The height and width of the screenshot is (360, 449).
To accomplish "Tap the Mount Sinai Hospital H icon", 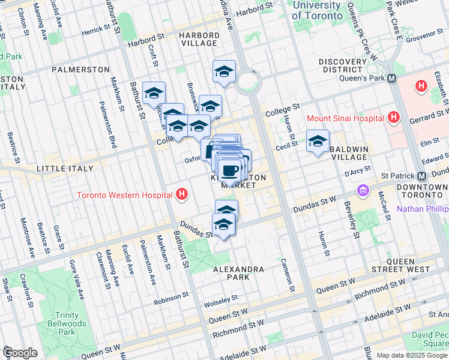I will [x=394, y=117].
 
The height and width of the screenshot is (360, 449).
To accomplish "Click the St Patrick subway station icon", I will [x=421, y=176].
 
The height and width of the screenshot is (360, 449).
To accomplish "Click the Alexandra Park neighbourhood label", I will [x=239, y=269].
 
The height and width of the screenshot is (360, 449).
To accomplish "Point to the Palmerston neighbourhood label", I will [x=80, y=70].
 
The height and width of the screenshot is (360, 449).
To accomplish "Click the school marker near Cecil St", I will [x=318, y=142].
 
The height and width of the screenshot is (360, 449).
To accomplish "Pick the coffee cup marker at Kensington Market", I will [x=229, y=170].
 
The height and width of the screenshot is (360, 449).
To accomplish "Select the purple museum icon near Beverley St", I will [x=363, y=191].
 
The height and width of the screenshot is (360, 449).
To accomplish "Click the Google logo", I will [x=20, y=353].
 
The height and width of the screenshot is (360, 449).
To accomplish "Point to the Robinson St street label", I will [x=171, y=297].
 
